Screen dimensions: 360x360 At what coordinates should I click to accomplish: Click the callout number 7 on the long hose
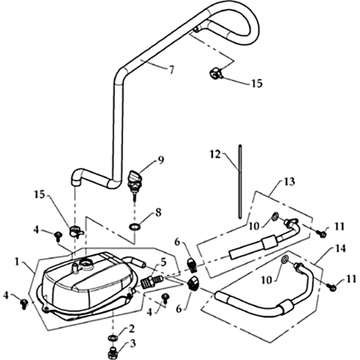click(171, 70)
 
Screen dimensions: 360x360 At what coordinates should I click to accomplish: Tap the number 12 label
click(215, 154)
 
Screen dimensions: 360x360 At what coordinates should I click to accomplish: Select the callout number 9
click(161, 160)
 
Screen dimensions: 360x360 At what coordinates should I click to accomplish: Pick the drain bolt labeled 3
click(112, 352)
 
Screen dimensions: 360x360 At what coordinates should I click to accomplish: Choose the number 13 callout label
click(289, 181)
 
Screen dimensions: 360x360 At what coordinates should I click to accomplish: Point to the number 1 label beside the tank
click(17, 262)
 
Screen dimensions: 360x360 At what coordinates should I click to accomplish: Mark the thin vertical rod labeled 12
click(240, 181)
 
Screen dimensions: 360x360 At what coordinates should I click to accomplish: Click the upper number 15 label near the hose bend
click(256, 83)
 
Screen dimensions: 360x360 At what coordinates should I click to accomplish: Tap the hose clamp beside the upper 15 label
click(215, 73)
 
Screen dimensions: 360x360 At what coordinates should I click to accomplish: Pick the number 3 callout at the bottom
click(133, 343)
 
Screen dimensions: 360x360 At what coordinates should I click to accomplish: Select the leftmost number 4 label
click(6, 295)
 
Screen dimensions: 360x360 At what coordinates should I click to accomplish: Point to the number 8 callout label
click(158, 213)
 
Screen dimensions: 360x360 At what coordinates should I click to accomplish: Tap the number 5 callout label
click(163, 262)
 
